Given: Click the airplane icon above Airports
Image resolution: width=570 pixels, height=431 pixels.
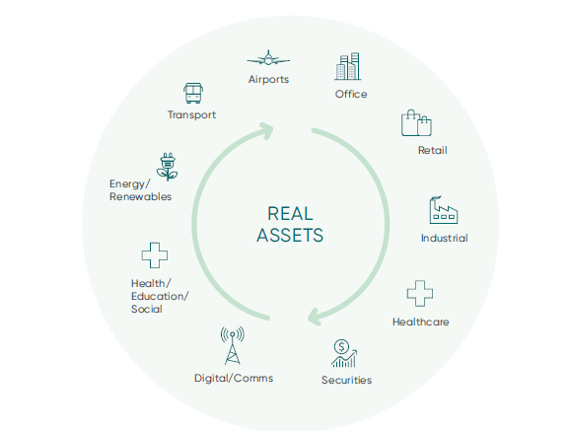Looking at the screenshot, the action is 268,58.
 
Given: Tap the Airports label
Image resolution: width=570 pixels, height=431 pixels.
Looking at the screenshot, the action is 268,79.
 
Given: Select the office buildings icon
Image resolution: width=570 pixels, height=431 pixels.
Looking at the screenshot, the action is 348,66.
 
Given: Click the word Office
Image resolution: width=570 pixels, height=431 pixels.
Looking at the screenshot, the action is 351,95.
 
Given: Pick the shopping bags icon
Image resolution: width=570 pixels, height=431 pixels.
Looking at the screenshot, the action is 416,123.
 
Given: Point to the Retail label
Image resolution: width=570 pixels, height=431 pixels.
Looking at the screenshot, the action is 433,150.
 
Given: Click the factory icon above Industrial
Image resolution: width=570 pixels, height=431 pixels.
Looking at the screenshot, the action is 444,210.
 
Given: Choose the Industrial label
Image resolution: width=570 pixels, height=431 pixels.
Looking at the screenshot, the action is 444,239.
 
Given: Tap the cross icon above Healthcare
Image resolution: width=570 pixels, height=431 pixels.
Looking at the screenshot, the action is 420,294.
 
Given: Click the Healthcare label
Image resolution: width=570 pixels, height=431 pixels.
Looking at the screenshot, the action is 420,322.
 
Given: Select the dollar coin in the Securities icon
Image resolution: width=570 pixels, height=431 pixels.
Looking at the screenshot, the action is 342,346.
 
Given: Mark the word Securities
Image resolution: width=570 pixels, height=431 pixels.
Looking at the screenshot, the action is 346,380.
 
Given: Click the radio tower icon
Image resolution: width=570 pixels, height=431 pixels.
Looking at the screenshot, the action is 233,345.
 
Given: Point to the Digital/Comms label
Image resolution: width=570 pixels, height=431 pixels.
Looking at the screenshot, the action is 234,379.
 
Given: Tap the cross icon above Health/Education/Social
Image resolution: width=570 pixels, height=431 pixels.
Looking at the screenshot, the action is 155,255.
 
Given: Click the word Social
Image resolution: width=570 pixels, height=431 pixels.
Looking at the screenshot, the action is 147,309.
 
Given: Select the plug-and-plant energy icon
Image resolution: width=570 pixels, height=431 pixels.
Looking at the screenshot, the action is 168,167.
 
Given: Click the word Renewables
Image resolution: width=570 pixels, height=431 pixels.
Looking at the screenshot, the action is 140,197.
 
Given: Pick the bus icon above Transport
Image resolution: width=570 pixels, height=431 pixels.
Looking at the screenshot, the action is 193,93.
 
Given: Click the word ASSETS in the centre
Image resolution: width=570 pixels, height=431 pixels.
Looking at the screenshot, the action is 290,235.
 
